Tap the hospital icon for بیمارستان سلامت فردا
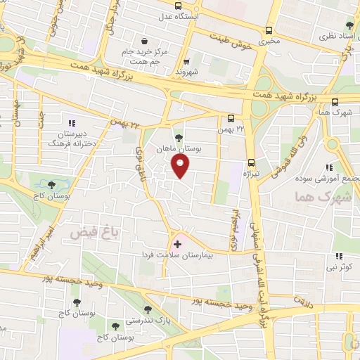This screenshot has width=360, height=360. pos(177,245)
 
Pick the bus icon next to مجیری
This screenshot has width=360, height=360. pos(269,30)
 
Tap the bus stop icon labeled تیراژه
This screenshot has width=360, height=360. pos(251,160)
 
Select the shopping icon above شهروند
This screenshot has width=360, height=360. pos(186,60)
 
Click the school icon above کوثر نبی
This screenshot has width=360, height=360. pos(338,256)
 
